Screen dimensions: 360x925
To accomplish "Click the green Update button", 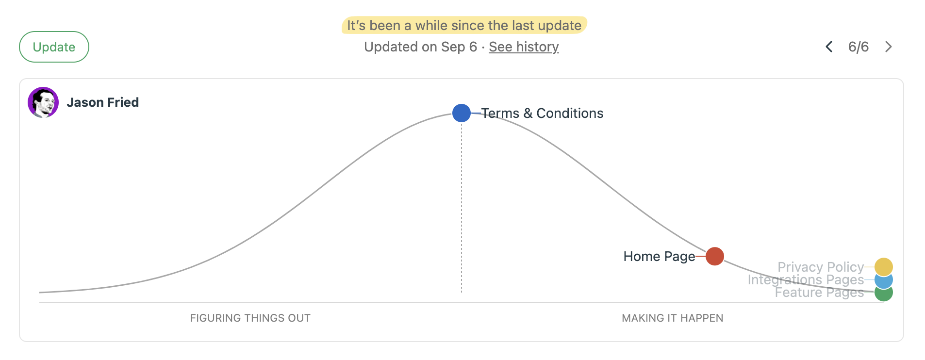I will tap(54, 47).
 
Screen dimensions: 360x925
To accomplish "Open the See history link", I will tap(524, 47).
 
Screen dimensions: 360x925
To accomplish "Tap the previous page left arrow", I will tap(829, 47).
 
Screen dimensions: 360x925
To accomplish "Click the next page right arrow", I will tap(889, 47).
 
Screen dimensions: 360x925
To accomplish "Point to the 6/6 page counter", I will tap(858, 47).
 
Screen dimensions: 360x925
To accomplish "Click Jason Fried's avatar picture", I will tap(43, 102).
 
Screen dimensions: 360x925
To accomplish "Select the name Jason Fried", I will tap(103, 102).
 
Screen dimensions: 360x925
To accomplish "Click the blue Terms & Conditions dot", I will tap(461, 113).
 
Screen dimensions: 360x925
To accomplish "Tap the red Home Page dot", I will tap(714, 256).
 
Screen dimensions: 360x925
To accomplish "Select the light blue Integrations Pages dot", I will tap(884, 280).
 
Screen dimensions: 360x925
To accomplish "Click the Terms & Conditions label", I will tap(542, 113).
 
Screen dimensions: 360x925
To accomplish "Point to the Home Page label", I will tap(659, 256).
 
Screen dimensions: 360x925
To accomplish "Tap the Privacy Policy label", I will tap(820, 267).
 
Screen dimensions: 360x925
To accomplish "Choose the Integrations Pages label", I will tap(806, 280).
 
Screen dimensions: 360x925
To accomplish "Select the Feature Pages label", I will tap(819, 293).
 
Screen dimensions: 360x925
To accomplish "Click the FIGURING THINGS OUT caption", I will tap(250, 318).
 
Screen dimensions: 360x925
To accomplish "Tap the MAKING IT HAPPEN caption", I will tap(672, 318).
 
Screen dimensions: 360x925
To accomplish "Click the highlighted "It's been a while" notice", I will tap(464, 25).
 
